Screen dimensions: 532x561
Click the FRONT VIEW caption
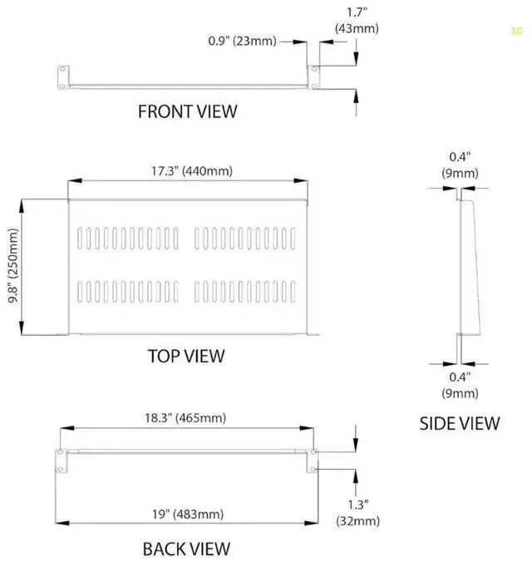click(x=187, y=111)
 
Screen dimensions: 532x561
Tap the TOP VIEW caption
click(x=186, y=356)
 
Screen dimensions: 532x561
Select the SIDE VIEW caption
click(x=460, y=423)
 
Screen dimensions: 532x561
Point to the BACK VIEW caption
click(x=186, y=549)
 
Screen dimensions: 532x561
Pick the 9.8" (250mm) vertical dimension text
click(x=12, y=266)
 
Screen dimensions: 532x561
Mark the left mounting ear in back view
click(x=61, y=460)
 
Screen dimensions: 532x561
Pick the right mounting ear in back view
click(x=313, y=460)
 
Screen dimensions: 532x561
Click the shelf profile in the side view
click(x=469, y=266)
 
